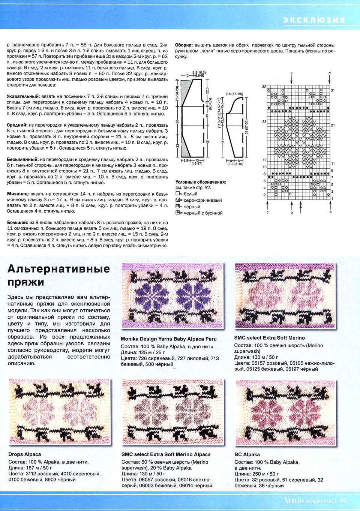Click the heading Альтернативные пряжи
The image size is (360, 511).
58,275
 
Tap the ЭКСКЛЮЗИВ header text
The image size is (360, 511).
314,20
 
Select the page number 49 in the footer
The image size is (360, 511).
343,501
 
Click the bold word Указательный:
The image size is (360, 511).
23,96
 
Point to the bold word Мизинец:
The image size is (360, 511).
18,194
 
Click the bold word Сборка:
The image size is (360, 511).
184,45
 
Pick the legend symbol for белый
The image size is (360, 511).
178,194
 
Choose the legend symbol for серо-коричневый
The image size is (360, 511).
178,200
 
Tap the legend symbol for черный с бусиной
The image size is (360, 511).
178,213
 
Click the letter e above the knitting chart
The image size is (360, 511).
291,73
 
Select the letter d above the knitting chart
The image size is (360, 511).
329,73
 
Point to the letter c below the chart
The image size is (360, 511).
267,213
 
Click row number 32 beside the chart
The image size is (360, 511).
264,87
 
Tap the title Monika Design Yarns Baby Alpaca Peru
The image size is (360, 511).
169,339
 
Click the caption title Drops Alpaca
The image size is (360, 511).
25,454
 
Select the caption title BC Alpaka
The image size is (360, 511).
247,454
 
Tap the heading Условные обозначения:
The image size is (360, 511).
201,182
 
